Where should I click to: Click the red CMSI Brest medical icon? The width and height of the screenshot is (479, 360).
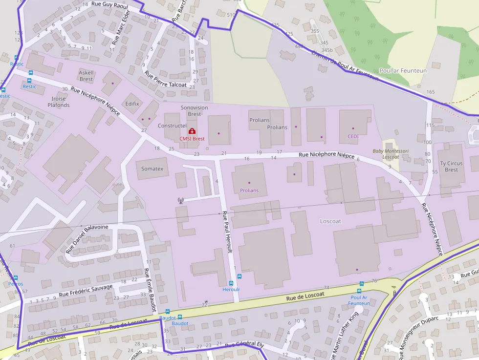[192, 131]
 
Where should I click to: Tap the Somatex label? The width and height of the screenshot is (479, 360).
[152, 169]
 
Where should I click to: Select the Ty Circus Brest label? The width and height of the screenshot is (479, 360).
[451, 167]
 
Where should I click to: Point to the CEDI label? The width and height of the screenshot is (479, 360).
[353, 136]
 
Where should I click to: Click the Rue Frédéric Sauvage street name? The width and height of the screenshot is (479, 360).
[86, 291]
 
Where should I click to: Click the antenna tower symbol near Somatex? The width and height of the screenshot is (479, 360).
[180, 200]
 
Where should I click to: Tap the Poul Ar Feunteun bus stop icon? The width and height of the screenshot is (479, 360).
[362, 284]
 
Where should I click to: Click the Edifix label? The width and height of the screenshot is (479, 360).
[132, 104]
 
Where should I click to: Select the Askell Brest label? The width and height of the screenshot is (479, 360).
[86, 76]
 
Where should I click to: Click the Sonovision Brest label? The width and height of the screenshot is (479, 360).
[194, 110]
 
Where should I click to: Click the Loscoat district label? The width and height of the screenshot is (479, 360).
[330, 221]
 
